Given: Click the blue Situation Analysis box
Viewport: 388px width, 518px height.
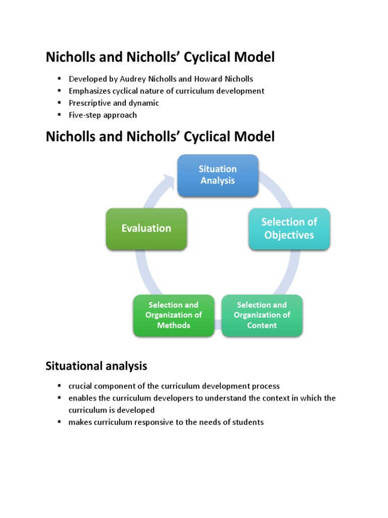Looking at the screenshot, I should [218, 175].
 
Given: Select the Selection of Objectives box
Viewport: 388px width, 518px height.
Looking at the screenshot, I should [289, 229].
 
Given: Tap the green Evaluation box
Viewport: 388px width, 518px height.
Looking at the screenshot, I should [146, 229].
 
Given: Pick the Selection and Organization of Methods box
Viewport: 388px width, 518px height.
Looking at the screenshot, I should [173, 315].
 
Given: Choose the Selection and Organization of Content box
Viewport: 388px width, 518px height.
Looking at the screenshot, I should [262, 315].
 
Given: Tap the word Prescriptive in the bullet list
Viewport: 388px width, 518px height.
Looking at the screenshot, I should [89, 103].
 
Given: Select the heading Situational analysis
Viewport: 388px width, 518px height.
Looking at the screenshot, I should [96, 365].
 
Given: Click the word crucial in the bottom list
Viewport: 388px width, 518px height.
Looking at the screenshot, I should [81, 385].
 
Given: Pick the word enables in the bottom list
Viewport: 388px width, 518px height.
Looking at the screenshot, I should [82, 398].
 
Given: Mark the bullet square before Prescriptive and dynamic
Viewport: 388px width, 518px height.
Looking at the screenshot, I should [59, 103].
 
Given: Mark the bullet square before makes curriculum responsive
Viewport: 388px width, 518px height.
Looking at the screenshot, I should [59, 422].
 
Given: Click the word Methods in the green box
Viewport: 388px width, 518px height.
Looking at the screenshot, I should [173, 325].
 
